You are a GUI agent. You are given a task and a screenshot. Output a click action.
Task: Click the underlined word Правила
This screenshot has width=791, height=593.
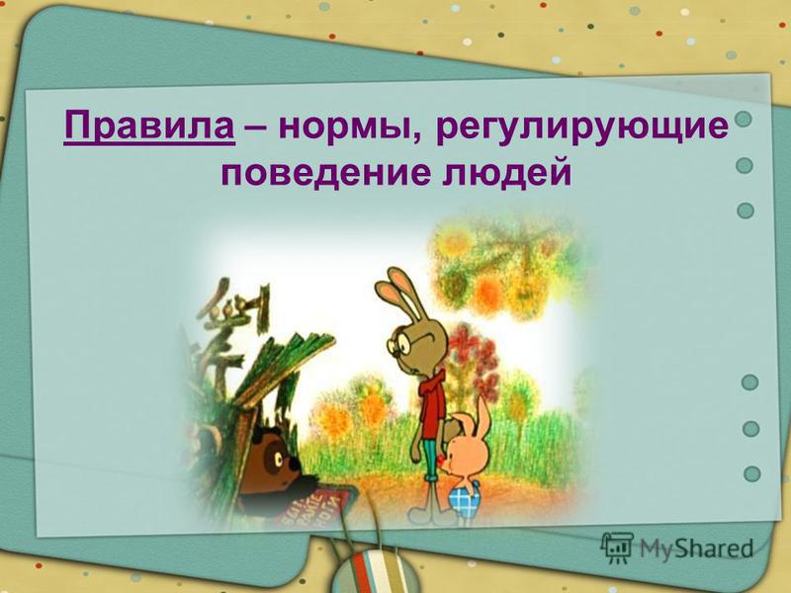coord(149,128)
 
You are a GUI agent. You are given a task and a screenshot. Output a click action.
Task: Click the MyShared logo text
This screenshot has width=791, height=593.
coord(697,549)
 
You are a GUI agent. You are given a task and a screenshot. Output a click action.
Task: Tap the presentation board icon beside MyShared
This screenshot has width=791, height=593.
coord(616,548)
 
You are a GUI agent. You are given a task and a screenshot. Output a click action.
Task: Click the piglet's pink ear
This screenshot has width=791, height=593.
coord(483,415)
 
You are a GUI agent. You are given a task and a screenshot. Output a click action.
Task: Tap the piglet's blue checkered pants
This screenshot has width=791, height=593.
coord(464,499)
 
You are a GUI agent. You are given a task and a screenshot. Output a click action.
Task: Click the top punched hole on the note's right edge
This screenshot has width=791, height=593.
coord(744,119)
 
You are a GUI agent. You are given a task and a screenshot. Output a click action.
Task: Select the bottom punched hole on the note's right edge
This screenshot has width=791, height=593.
coord(751,473)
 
